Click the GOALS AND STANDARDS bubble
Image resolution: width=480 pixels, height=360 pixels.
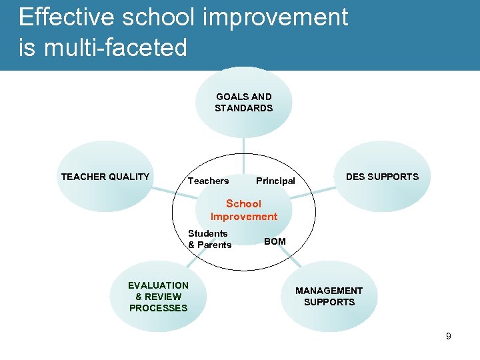tap(243, 102)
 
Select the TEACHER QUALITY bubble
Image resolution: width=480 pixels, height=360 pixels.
tap(105, 177)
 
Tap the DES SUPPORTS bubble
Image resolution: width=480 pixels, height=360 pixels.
tap(382, 177)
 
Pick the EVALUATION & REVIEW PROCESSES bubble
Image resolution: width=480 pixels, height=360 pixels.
tap(158, 297)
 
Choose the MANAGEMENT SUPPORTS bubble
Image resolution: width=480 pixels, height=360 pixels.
tap(329, 297)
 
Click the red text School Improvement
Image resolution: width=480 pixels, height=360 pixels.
tap(243, 210)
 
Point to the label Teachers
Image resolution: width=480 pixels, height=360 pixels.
tap(208, 181)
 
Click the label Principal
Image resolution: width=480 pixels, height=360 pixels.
tap(275, 181)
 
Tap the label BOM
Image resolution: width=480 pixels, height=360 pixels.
tap(275, 241)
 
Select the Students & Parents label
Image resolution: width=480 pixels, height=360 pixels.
tap(209, 239)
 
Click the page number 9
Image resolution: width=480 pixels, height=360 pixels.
tap(449, 336)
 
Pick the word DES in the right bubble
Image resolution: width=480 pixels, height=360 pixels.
tap(356, 177)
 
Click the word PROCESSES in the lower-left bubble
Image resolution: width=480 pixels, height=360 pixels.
tap(158, 308)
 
